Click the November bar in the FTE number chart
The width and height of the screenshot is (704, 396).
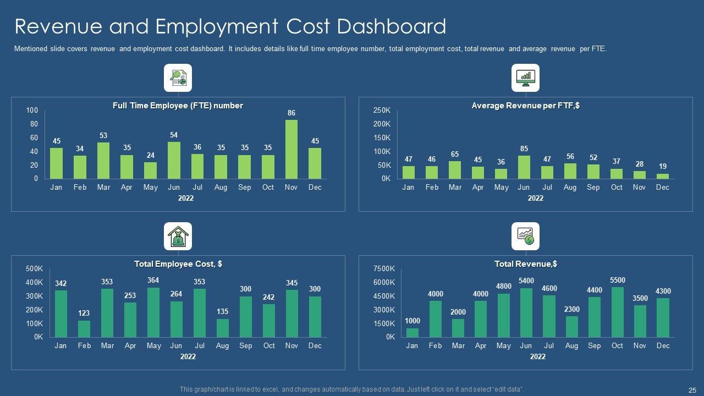tap(291, 150)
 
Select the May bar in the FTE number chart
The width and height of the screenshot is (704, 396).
tap(150, 170)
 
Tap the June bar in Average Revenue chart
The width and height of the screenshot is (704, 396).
tap(524, 167)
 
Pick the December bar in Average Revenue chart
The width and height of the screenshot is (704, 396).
tap(663, 176)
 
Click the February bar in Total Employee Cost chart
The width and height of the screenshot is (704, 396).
tap(84, 329)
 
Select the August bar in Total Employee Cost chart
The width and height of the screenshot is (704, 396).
tap(222, 328)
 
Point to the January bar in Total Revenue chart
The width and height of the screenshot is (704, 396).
tap(412, 332)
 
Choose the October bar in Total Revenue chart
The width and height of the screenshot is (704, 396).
tap(618, 312)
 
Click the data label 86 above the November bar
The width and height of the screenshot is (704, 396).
tap(291, 113)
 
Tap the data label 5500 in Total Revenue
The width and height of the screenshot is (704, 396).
tap(618, 280)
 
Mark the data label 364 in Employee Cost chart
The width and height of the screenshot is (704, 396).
tap(153, 280)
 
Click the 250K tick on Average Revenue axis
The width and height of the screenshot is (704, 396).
tap(382, 111)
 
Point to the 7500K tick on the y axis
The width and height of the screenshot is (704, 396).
tap(384, 269)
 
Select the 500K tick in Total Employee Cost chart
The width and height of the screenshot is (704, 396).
tap(34, 269)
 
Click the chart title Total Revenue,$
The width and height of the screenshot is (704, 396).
tap(525, 264)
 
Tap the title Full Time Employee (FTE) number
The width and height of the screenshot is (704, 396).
tap(178, 106)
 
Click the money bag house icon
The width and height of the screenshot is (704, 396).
tap(178, 237)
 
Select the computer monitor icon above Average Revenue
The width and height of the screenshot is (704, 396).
tap(525, 78)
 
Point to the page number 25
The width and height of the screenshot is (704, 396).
tap(692, 390)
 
